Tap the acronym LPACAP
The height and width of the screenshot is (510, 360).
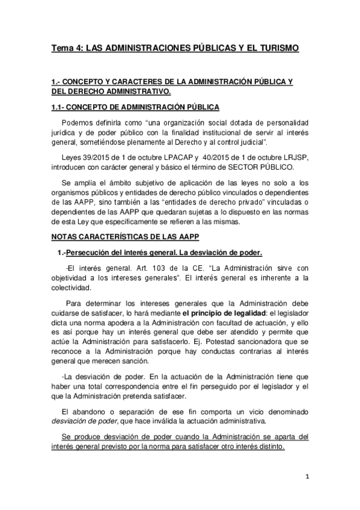coord(166,156)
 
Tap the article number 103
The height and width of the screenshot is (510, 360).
coord(145,268)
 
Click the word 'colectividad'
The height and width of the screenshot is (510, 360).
coord(70,287)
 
